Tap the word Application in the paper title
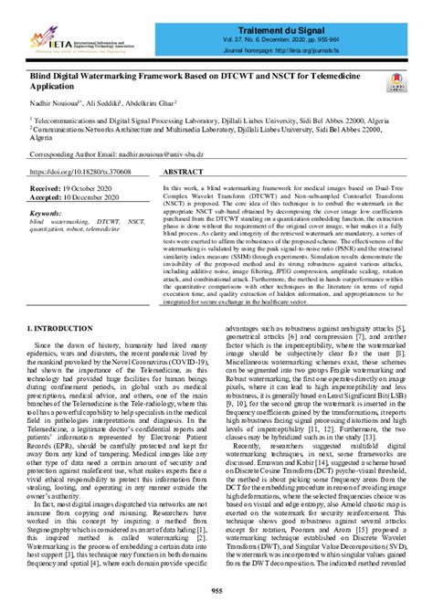point(59,87)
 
